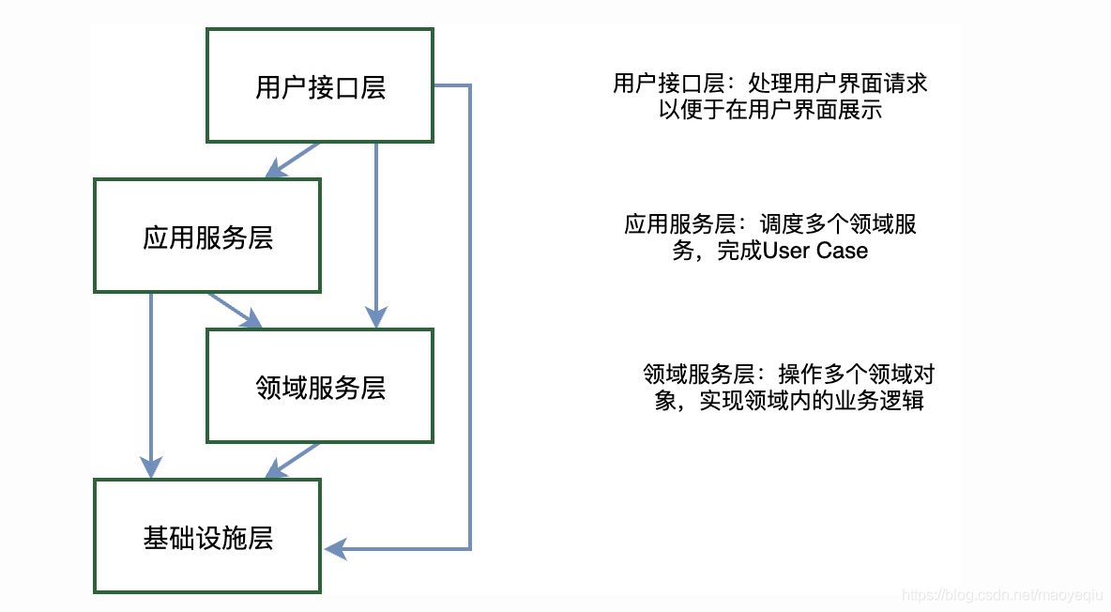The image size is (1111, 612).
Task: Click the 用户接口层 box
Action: pyautogui.click(x=320, y=86)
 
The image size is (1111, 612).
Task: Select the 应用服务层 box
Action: pyautogui.click(x=207, y=237)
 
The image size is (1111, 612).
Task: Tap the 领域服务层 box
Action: pyautogui.click(x=320, y=387)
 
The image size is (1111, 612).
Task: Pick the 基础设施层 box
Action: pyautogui.click(x=207, y=537)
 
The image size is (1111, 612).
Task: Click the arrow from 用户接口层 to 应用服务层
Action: pyautogui.click(x=293, y=161)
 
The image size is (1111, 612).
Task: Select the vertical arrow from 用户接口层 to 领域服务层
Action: pyautogui.click(x=376, y=235)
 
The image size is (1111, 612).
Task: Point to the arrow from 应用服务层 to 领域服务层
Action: pyautogui.click(x=235, y=311)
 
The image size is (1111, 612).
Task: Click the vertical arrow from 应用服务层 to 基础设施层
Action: pyautogui.click(x=151, y=385)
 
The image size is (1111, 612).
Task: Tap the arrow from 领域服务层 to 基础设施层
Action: pyautogui.click(x=293, y=461)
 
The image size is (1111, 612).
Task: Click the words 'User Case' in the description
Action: pyautogui.click(x=815, y=251)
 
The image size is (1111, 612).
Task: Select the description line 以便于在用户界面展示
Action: pyautogui.click(x=770, y=109)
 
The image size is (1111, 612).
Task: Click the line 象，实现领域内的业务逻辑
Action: pyautogui.click(x=789, y=401)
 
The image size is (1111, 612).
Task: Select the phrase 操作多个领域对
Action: pyautogui.click(x=857, y=375)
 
